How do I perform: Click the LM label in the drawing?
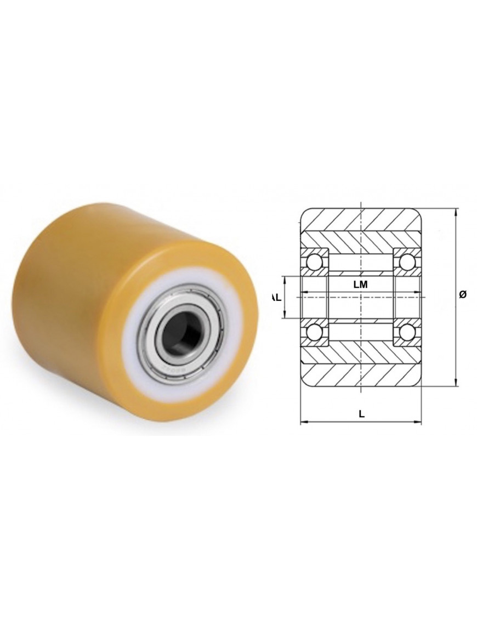tap(361, 285)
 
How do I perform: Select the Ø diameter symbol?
tap(463, 295)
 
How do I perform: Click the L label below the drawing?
tap(361, 414)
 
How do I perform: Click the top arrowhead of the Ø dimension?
tap(455, 212)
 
